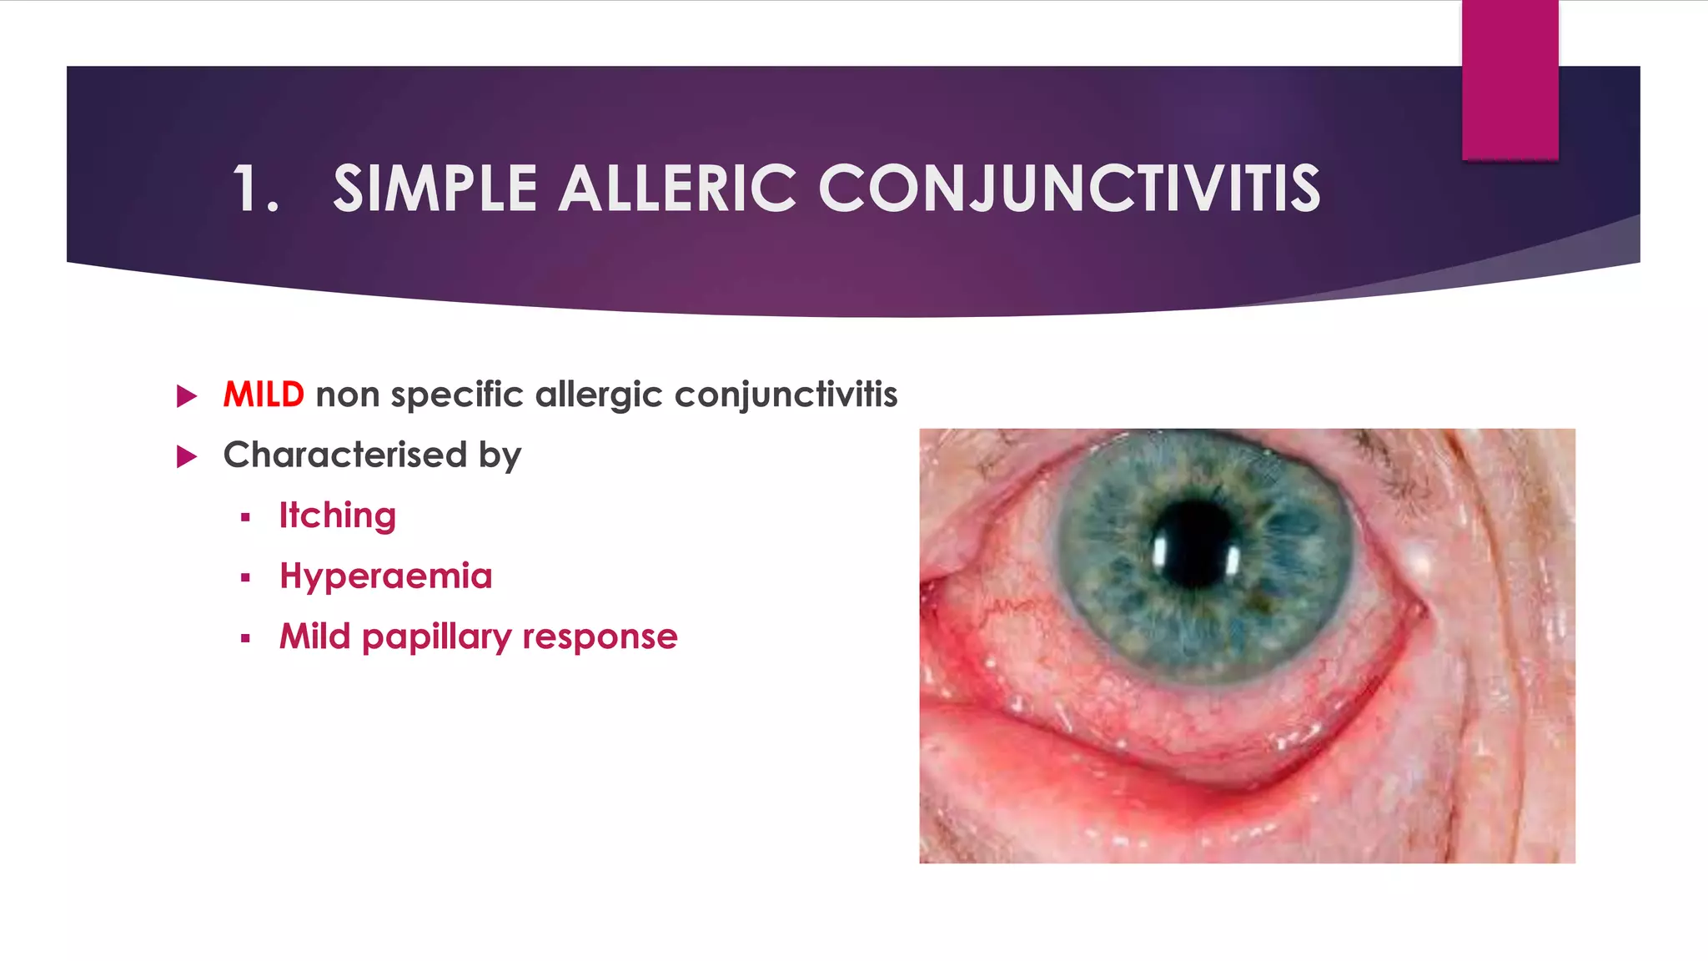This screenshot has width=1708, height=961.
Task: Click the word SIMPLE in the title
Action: click(435, 189)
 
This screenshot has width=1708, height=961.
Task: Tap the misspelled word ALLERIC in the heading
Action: click(676, 189)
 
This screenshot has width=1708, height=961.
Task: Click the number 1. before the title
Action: click(255, 189)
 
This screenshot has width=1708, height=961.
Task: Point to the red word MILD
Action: click(264, 395)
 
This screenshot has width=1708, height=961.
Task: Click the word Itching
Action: click(337, 516)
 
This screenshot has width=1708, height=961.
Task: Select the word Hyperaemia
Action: click(386, 576)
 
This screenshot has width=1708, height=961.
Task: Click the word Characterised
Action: click(345, 455)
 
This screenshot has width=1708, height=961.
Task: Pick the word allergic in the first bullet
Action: click(600, 395)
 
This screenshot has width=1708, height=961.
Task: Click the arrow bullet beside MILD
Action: click(187, 396)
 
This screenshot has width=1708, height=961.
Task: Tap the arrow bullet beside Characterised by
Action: click(187, 456)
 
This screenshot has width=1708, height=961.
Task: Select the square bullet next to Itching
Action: click(245, 518)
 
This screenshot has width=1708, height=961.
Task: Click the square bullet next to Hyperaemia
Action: click(245, 578)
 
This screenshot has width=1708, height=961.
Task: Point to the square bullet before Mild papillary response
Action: click(245, 639)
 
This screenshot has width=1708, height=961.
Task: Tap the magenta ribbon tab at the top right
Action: click(1510, 79)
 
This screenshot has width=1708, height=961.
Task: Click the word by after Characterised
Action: click(500, 456)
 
